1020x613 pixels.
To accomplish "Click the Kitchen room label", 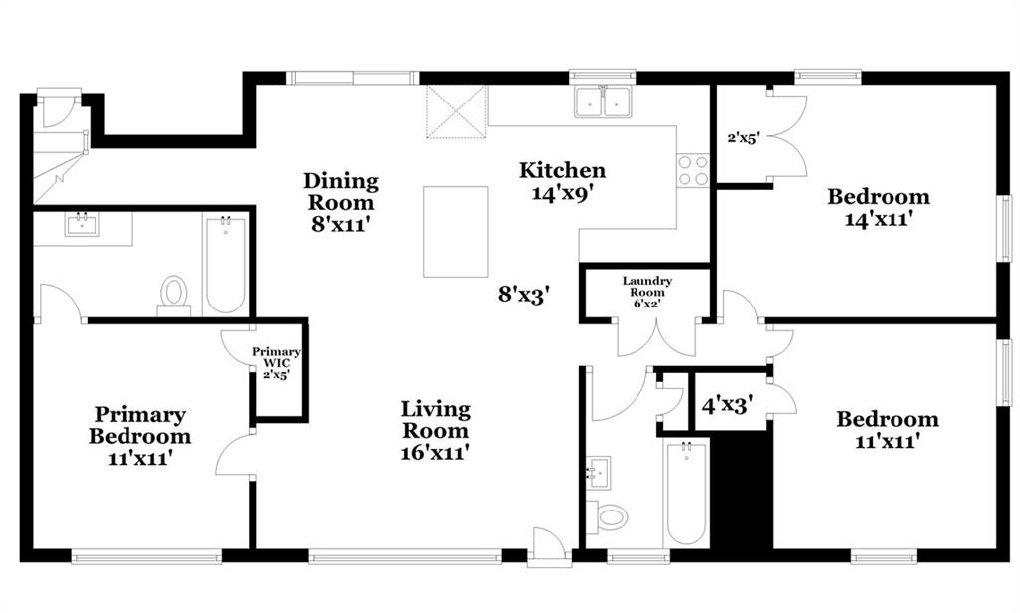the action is pyautogui.click(x=562, y=170).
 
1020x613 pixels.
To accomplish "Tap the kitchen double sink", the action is pyautogui.click(x=603, y=102).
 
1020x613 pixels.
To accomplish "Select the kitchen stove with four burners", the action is pyautogui.click(x=693, y=170).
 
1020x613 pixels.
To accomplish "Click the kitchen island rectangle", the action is pyautogui.click(x=456, y=232).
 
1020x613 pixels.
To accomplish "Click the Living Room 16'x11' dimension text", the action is pyautogui.click(x=436, y=451).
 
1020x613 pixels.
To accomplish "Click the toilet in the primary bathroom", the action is pyautogui.click(x=173, y=296).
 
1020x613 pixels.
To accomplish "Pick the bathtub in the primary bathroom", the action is pyautogui.click(x=226, y=266).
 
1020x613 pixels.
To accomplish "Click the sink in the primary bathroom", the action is pyautogui.click(x=82, y=225).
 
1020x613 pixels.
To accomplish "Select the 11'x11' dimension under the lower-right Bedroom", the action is pyautogui.click(x=887, y=441).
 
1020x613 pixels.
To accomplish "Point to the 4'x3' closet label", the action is pyautogui.click(x=728, y=406).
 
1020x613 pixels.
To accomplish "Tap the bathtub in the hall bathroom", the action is pyautogui.click(x=686, y=493).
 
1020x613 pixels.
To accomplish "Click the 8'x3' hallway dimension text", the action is pyautogui.click(x=525, y=295).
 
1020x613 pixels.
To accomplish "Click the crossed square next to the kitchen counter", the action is pyautogui.click(x=456, y=111).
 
